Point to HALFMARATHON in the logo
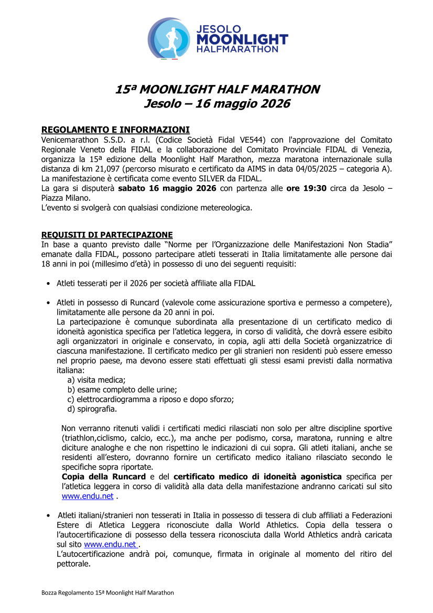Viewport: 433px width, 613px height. (237, 49)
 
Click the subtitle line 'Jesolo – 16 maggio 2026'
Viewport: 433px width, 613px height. (216, 104)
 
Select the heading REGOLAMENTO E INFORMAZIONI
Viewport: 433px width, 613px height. (115, 130)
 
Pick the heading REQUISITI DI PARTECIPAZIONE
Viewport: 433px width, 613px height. (107, 234)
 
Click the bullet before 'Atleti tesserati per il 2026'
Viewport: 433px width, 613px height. (48, 284)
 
